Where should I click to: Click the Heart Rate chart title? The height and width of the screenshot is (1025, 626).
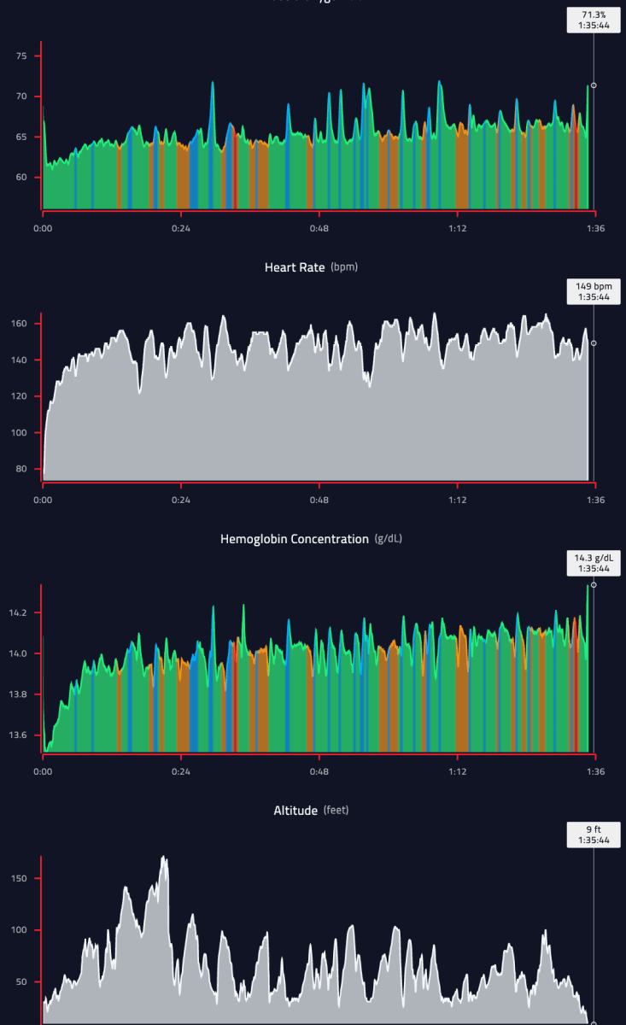(x=295, y=267)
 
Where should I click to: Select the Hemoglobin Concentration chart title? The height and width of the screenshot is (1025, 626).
(x=294, y=539)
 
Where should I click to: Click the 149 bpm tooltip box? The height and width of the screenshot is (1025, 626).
(x=594, y=291)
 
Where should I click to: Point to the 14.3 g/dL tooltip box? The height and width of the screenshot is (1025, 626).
(x=594, y=563)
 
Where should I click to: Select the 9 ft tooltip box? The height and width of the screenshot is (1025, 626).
(x=594, y=834)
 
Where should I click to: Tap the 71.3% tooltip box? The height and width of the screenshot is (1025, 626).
(x=594, y=20)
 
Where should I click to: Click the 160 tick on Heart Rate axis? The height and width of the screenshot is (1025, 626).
(x=20, y=324)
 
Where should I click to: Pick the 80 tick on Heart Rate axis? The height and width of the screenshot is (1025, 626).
(x=22, y=469)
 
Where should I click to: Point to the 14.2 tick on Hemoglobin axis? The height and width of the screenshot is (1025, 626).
(x=18, y=613)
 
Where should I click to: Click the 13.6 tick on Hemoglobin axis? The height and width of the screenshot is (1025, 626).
(x=18, y=735)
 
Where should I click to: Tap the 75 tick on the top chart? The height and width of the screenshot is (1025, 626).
(x=22, y=56)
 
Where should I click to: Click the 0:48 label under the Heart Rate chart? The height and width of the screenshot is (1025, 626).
(x=319, y=500)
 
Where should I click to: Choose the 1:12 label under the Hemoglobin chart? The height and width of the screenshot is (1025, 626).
(x=458, y=771)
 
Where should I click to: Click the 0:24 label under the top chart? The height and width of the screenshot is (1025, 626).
(x=181, y=229)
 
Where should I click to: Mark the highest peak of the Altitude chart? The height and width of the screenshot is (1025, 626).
(x=164, y=857)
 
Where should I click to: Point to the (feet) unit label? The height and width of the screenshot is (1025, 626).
(x=336, y=810)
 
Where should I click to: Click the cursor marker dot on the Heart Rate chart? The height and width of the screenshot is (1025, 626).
(x=594, y=343)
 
